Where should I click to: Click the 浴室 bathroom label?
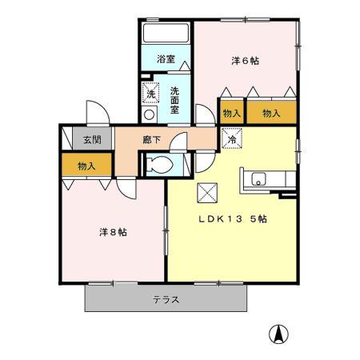166,60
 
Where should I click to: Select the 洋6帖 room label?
245,60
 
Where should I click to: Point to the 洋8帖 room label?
112,233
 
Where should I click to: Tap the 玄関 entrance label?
92,139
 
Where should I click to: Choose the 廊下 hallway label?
152,139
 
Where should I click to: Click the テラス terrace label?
166,300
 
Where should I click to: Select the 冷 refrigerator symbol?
231,138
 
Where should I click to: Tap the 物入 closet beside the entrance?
87,166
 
